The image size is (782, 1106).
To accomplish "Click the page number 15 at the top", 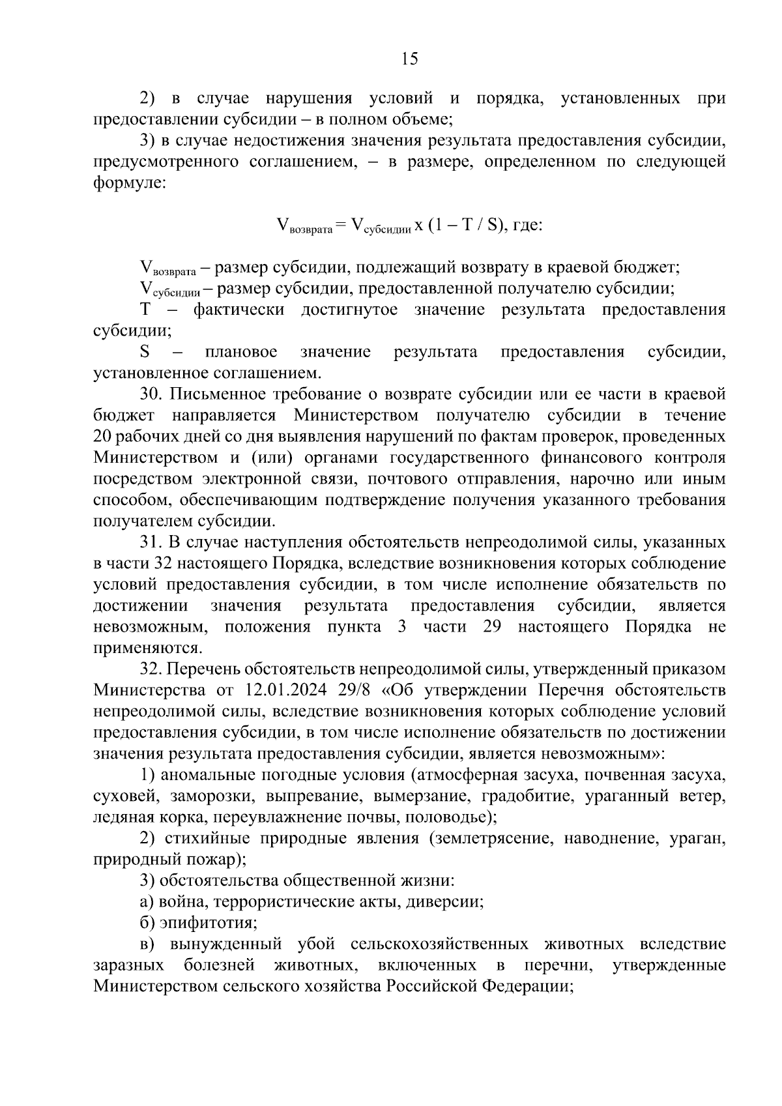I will (x=409, y=59).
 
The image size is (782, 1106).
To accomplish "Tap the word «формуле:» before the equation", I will (x=130, y=183).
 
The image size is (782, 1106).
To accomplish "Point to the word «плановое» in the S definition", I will (x=240, y=352).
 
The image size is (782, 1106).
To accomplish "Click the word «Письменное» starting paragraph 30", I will (x=212, y=394).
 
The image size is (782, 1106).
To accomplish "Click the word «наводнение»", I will (x=613, y=838).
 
